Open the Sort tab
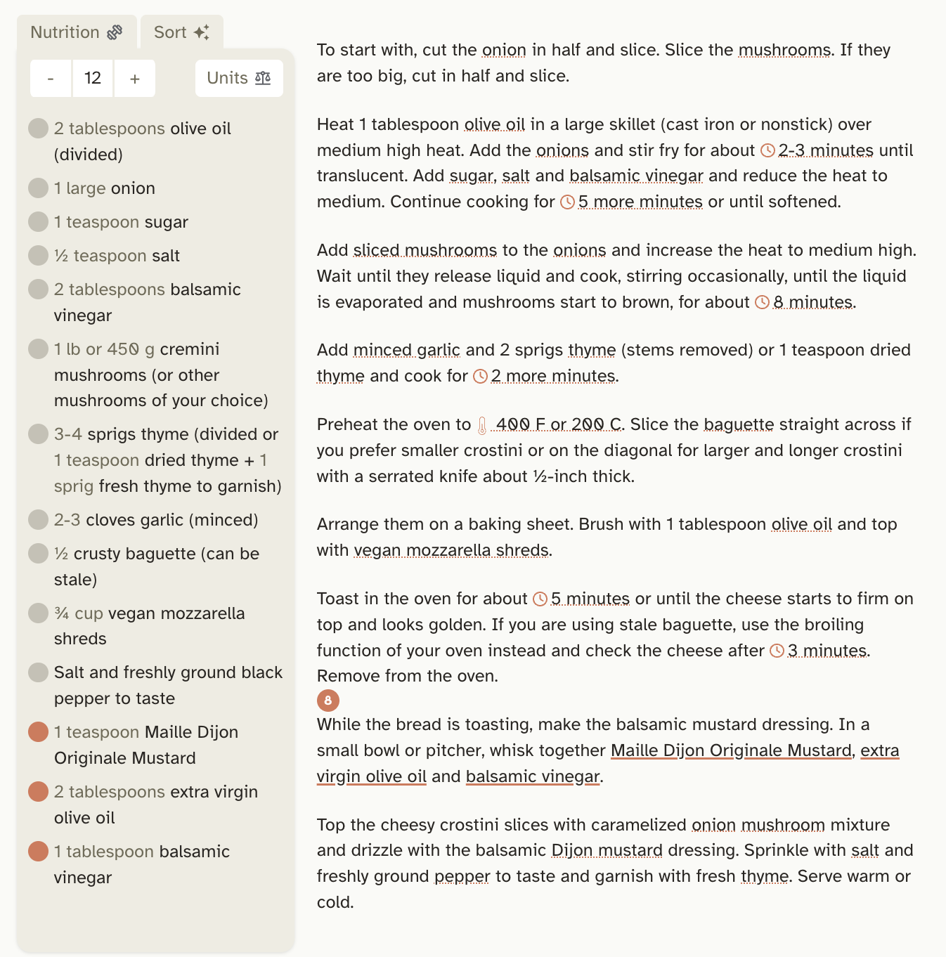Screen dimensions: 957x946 coord(181,32)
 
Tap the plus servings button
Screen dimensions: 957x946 coord(134,78)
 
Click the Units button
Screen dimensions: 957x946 coord(239,78)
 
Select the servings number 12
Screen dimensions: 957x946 coord(93,78)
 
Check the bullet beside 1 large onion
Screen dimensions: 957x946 coord(38,188)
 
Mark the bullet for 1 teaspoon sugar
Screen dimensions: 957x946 coord(38,221)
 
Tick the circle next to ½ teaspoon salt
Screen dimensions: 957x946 coord(38,255)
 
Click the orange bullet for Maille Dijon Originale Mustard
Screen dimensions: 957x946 coord(38,731)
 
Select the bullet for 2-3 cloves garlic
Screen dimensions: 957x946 coord(38,519)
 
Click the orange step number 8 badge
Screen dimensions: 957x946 coord(328,700)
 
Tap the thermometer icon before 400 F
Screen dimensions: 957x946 coord(482,425)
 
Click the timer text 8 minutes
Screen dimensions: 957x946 coord(813,302)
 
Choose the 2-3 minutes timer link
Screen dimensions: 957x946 coord(826,150)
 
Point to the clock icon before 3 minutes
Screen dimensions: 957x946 coord(777,651)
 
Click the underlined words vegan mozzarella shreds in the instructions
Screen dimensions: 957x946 coord(451,550)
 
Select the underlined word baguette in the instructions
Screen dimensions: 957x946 coord(739,424)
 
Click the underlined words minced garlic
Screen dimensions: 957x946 coord(406,350)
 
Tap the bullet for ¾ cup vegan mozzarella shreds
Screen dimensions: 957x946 coord(38,613)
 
